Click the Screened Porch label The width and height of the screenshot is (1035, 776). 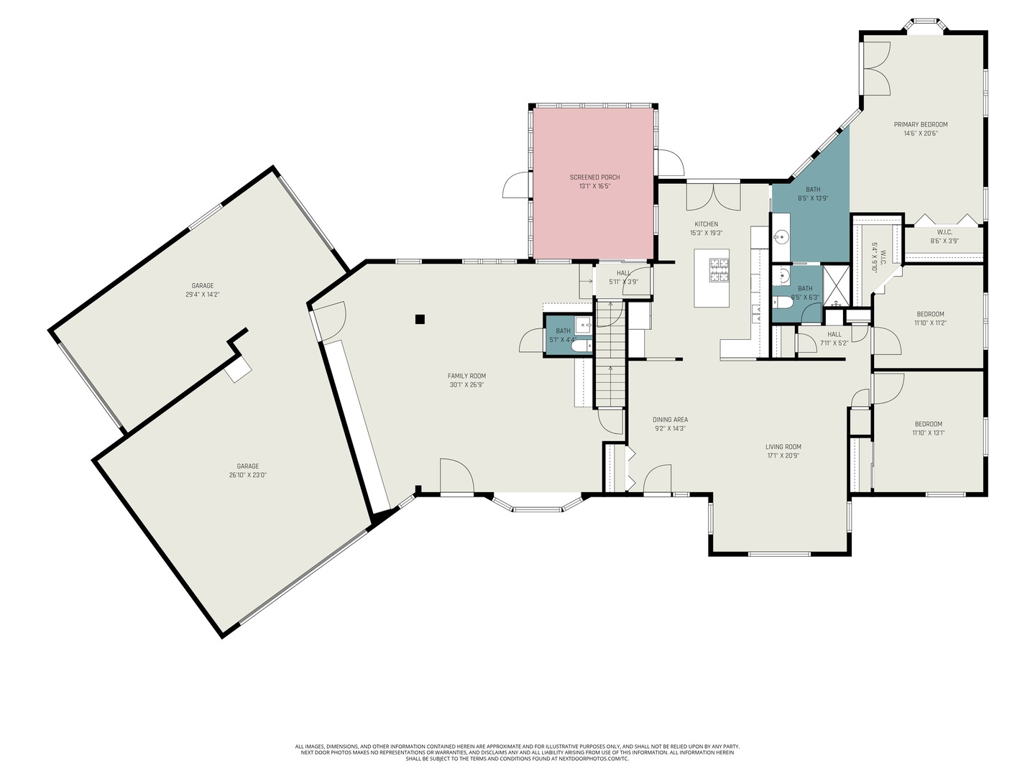coord(594,177)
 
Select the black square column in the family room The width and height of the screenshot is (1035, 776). coord(420,319)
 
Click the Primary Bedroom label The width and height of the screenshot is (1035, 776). coord(920,124)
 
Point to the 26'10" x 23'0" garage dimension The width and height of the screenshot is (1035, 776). coord(248,475)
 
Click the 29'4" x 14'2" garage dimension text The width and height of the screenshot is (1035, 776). coord(202,295)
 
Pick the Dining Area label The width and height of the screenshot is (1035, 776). coord(670,420)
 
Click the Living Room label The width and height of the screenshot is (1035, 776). coord(783,447)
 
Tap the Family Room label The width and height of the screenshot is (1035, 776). coord(466,376)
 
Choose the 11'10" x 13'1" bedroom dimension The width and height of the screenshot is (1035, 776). coord(928,433)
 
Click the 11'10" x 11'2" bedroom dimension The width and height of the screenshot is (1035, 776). coord(930,323)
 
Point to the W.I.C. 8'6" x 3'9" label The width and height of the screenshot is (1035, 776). coord(944,236)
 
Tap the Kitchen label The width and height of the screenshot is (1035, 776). coord(706,224)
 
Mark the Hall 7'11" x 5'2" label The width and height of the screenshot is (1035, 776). coord(834,338)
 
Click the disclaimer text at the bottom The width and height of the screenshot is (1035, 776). coord(517,752)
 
